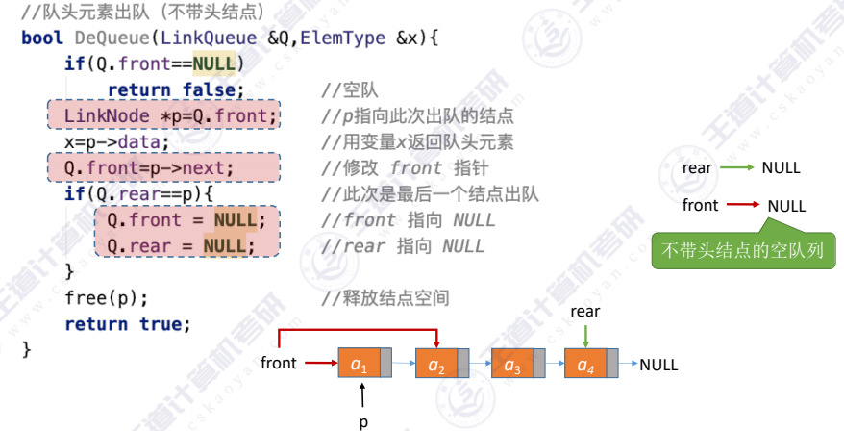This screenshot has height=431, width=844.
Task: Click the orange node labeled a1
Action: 360,364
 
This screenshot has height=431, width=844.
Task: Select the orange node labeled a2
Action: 436,364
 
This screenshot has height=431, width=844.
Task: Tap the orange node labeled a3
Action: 511,364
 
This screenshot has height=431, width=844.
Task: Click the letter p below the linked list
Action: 363,420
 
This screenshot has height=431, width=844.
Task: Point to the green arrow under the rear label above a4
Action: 585,335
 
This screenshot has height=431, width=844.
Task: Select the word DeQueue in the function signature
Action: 115,38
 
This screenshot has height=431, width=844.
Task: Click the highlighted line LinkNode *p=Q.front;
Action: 163,116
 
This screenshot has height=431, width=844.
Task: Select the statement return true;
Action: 128,323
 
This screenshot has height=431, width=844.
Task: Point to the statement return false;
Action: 175,90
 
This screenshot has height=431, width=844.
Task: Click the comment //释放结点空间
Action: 385,297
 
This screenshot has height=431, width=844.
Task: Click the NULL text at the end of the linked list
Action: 658,365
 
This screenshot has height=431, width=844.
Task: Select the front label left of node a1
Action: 279,364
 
